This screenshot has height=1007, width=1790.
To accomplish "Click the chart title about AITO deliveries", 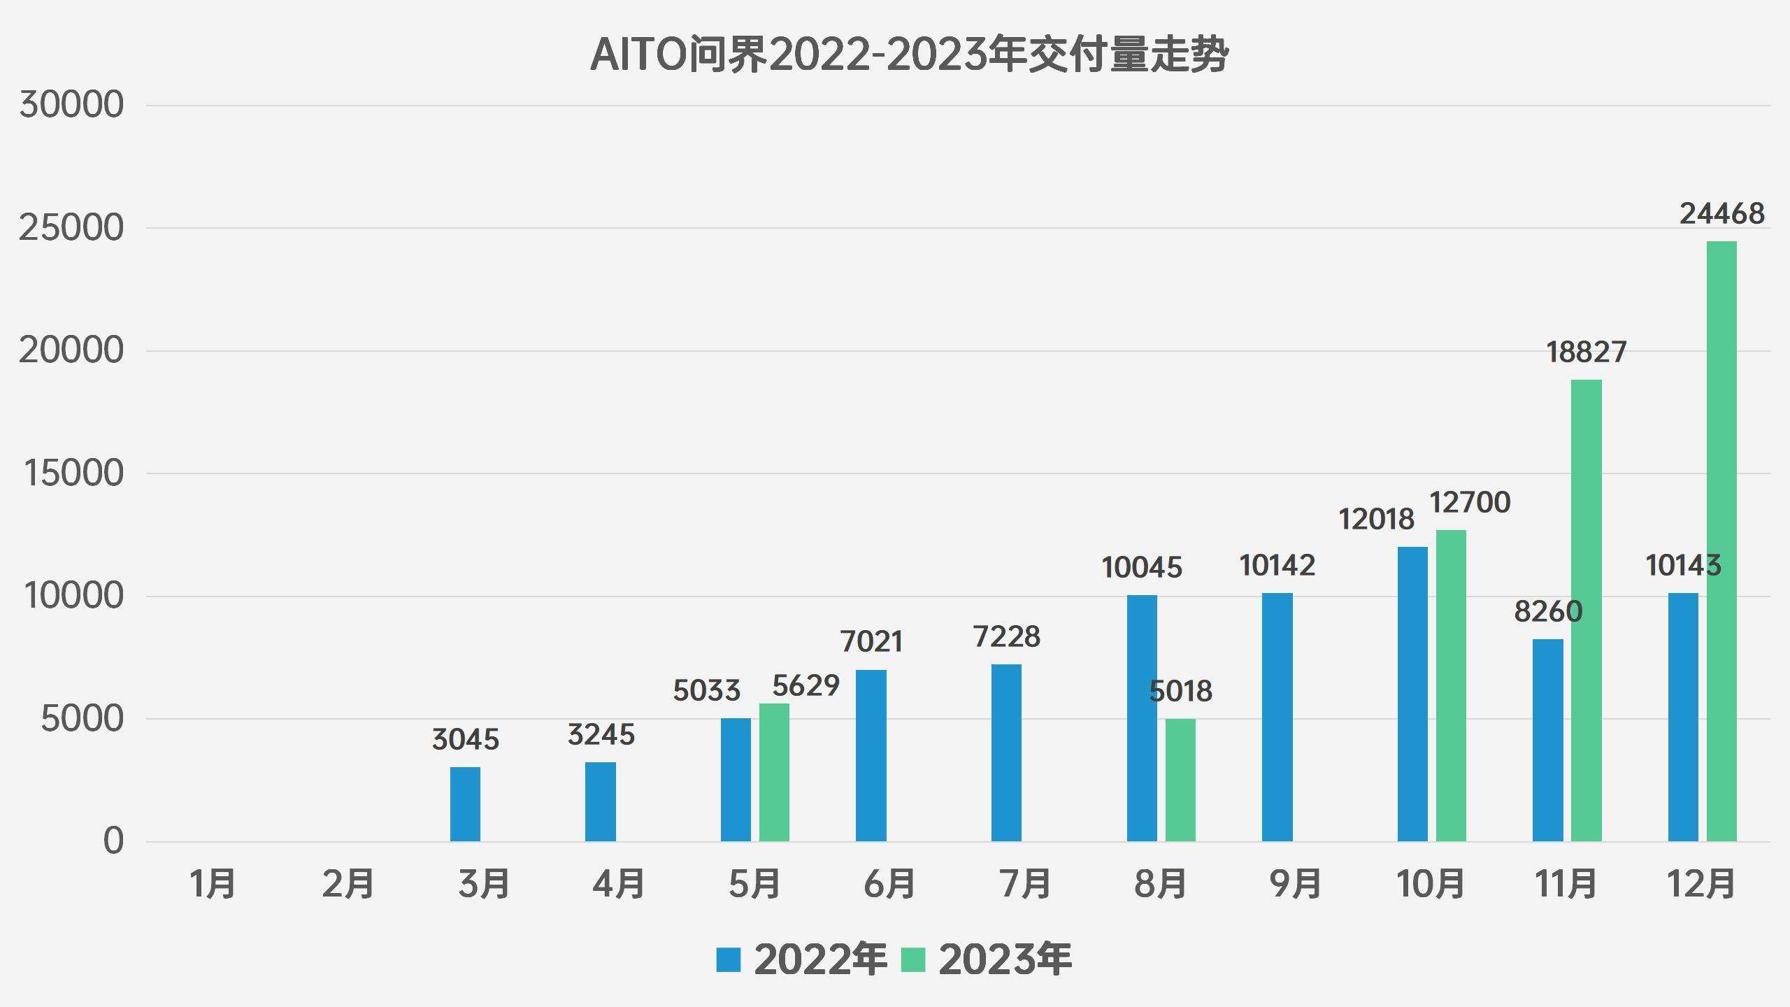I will pos(909,55).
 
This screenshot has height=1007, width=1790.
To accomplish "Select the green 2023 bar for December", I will pos(1721,542).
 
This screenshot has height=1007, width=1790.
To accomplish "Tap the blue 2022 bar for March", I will pos(465,804).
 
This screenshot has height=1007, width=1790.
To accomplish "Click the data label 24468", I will pos(1721,214).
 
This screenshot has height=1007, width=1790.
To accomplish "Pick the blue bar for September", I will pos(1277,717).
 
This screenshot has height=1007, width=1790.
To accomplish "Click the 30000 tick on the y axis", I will pos(71,106).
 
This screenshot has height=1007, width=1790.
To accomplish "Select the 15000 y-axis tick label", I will pos(73,473).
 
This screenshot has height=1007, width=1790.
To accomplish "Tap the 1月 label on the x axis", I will pos(213,883).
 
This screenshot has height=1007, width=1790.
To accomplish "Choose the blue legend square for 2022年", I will pos(728,959).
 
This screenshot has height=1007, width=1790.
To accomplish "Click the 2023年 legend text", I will pos(1005,959).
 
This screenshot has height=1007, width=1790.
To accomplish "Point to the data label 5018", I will pos(1180,692).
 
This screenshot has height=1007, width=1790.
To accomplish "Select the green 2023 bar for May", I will pos(774,772).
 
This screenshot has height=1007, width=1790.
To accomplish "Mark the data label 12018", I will pos(1376,520).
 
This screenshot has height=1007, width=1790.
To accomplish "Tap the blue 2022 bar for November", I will pos(1547,740).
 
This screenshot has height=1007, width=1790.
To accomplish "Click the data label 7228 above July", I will pos(1006,637).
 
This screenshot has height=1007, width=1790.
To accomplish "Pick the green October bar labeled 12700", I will pos(1451,685).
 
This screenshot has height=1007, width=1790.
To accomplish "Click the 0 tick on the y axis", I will pos(113,841).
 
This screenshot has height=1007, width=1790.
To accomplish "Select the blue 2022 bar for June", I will pos(871,755).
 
